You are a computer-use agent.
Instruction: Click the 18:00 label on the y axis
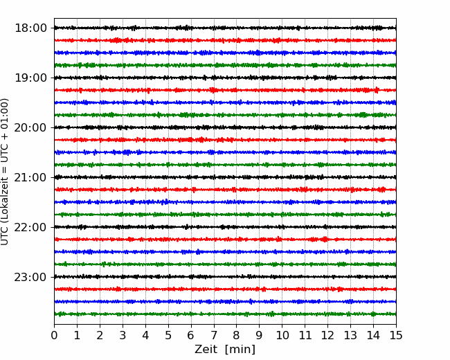pos(30,28)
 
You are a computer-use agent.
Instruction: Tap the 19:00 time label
pos(30,78)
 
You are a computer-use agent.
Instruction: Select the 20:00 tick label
pos(30,127)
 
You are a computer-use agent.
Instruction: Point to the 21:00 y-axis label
pos(30,177)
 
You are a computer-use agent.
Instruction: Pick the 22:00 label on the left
pos(30,227)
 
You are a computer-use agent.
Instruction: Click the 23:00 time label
pos(30,277)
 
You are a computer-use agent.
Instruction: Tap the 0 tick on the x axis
pos(54,336)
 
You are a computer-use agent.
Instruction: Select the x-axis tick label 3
pos(123,336)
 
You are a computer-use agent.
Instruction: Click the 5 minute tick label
pos(168,336)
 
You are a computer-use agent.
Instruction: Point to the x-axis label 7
pos(214,336)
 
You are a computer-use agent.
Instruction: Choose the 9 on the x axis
pos(260,336)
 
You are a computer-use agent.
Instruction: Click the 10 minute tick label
pos(282,336)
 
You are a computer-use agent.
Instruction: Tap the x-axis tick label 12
pos(327,336)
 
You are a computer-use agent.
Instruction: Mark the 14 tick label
pos(373,336)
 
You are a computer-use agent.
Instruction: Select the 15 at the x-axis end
pos(396,336)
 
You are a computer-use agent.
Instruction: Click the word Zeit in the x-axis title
pos(206,350)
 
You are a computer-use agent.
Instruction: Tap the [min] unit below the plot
pos(240,350)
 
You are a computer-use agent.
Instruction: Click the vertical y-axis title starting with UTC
pos(6,171)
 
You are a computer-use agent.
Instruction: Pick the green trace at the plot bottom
pos(225,314)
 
